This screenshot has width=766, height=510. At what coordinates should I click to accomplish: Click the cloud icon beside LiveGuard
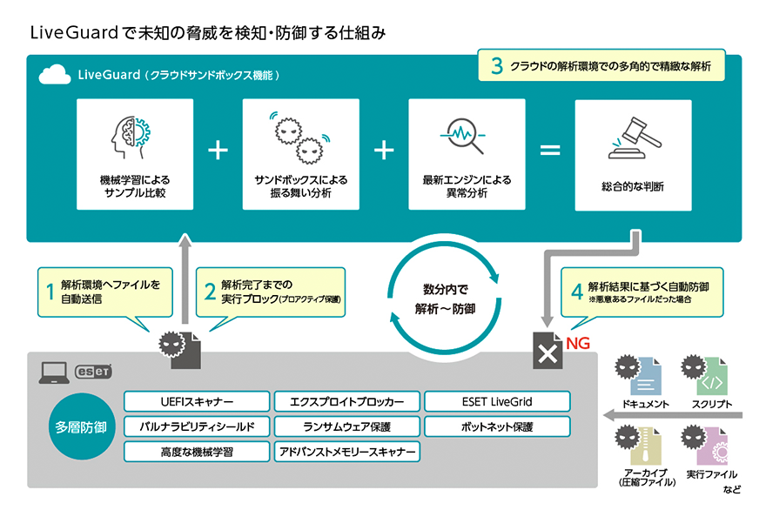(56, 76)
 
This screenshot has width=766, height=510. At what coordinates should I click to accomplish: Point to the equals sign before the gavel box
(550, 150)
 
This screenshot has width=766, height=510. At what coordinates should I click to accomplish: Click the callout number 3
(496, 67)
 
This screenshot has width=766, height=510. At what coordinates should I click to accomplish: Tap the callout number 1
(50, 291)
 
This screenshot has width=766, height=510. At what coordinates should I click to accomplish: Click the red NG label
(578, 343)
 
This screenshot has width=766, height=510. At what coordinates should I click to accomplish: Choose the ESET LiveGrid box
(497, 401)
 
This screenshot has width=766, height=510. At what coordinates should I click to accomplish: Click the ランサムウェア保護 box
(346, 426)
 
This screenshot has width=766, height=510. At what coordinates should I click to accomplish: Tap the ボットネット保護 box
(497, 426)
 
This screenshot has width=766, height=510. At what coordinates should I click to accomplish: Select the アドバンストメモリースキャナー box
(346, 452)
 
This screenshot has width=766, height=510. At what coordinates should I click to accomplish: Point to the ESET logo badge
(93, 372)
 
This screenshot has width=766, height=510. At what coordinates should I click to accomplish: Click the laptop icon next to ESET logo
(52, 372)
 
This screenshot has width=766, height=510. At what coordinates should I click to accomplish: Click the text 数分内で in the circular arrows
(446, 288)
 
